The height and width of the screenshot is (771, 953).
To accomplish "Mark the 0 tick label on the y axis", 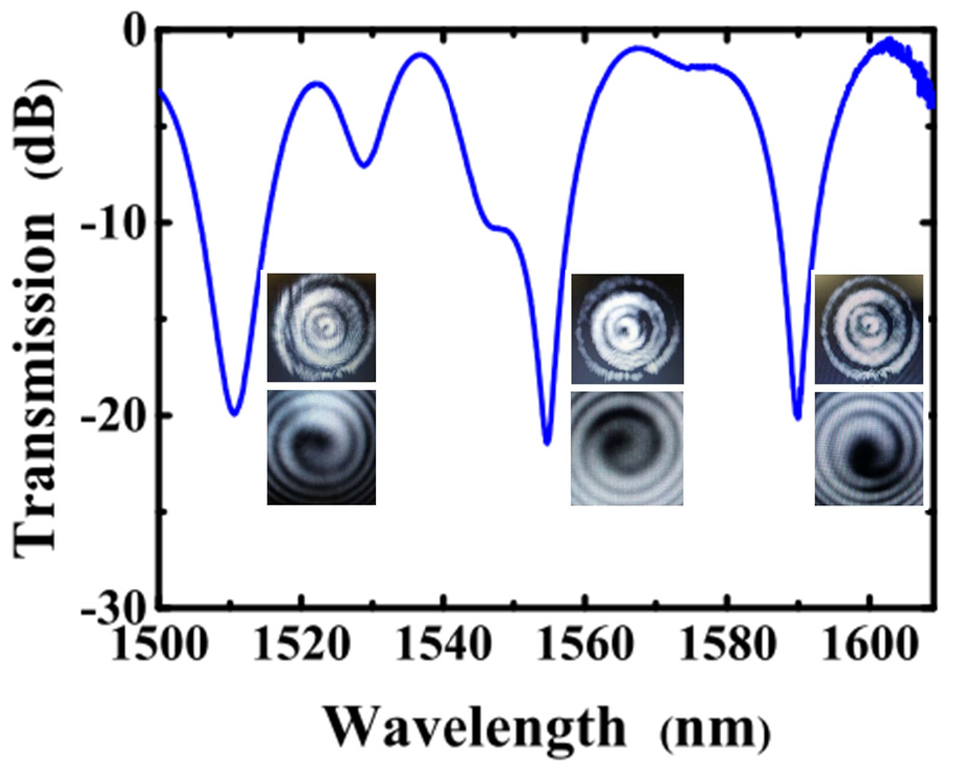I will pos(134,30).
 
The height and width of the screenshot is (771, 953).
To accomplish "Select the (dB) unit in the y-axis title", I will pos(42,103).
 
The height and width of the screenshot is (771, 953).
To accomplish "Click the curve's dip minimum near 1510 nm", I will pos(233,413).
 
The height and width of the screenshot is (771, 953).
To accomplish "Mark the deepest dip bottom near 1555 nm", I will pos(547,443).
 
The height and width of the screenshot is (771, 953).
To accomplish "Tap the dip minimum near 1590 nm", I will pos(797,418).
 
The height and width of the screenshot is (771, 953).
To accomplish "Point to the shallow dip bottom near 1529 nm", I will pos(365,165).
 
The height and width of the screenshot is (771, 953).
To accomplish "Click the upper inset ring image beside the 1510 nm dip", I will pos(321,327).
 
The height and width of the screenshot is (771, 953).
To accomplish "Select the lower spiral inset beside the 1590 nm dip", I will pos(868,449).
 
